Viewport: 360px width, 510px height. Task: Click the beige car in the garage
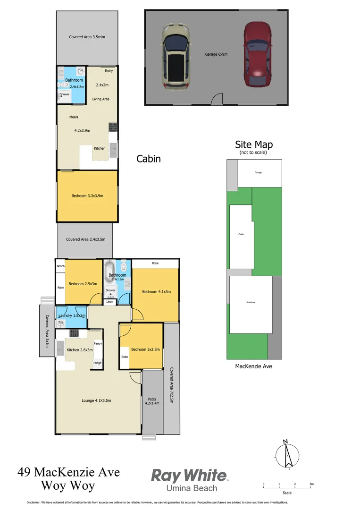coord(176,56)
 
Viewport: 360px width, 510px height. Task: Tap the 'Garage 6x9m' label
coord(216,54)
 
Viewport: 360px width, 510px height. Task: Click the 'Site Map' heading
coord(254,144)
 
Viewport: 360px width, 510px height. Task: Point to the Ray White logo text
coord(189,475)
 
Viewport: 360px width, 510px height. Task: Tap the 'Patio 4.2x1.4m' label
coord(152,401)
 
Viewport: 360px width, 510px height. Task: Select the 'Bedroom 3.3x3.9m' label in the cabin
coord(87,195)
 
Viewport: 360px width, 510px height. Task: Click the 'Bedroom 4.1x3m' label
coord(156,291)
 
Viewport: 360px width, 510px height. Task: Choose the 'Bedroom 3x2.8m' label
coord(145,349)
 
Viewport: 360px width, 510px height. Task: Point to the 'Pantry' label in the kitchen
coord(98,344)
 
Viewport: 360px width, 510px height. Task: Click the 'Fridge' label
coord(97,363)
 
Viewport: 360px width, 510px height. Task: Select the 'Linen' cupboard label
coord(109,301)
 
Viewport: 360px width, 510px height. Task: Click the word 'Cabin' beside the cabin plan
coord(149,159)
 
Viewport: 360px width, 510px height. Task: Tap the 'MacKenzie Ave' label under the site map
coord(254,366)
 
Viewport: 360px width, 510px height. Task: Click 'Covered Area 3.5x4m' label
coord(87,37)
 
